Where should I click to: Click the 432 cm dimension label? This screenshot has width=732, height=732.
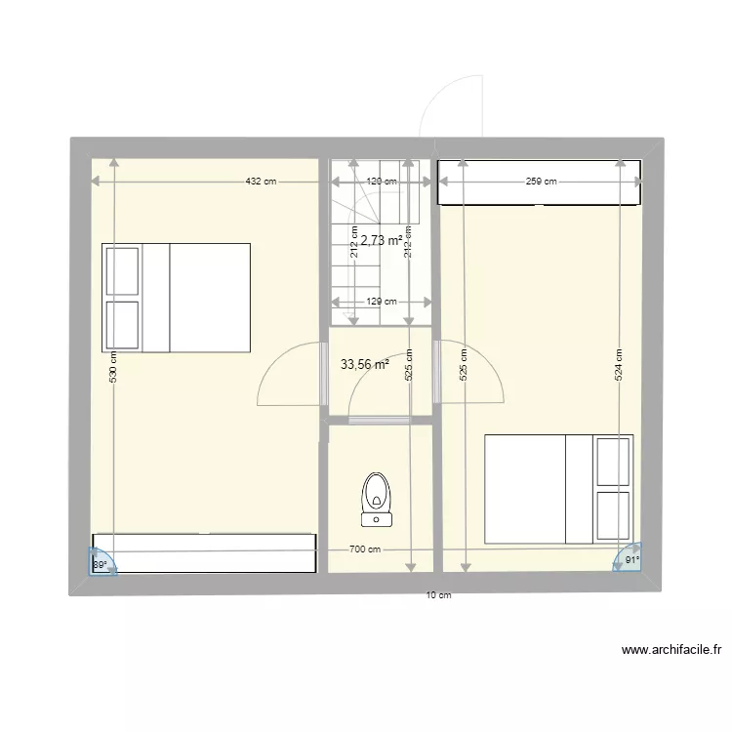tap(261, 182)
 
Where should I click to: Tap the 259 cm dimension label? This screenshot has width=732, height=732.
tap(541, 182)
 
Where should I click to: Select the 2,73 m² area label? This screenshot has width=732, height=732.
tap(382, 240)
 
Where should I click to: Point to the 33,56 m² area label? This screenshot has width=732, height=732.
tap(365, 365)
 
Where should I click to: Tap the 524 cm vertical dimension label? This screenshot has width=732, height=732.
tap(619, 365)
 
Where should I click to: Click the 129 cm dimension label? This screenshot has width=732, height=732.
tap(381, 302)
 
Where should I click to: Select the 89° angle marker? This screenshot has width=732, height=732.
tap(102, 563)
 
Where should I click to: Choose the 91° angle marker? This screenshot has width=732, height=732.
tap(629, 560)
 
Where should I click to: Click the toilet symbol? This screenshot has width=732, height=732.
tap(377, 497)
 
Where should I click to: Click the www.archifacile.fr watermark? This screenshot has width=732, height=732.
tap(671, 649)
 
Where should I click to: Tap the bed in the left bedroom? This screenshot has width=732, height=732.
tap(177, 298)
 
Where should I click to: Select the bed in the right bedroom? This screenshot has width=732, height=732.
tap(558, 488)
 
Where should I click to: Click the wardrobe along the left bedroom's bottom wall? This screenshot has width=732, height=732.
tap(204, 552)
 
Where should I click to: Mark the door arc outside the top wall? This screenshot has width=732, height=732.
tap(451, 102)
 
